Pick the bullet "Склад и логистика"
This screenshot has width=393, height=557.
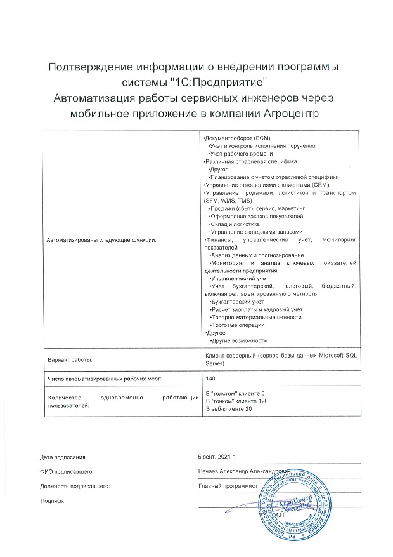point(235,224)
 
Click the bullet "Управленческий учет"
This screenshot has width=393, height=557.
point(240,278)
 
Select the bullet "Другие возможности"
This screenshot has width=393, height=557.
point(239,341)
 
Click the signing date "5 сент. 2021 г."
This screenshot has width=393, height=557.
point(217,457)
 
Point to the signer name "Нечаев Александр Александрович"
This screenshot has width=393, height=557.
point(244,471)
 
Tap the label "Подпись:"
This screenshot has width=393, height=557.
point(53,501)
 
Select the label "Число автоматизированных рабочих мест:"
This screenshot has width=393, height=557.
point(105,379)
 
